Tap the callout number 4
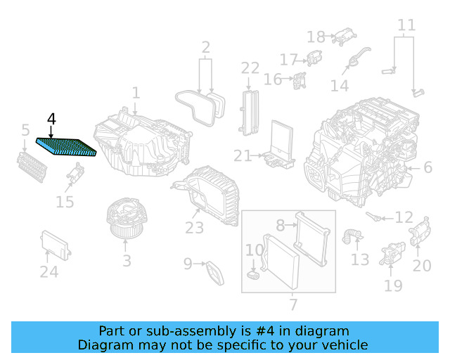[x=51, y=120]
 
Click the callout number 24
[x=49, y=271]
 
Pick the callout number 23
[x=194, y=227]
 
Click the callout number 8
[x=280, y=226]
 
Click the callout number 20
[x=421, y=265]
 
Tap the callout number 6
[x=427, y=167]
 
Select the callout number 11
[x=406, y=27]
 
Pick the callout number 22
[x=250, y=68]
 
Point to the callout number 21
[x=243, y=155]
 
